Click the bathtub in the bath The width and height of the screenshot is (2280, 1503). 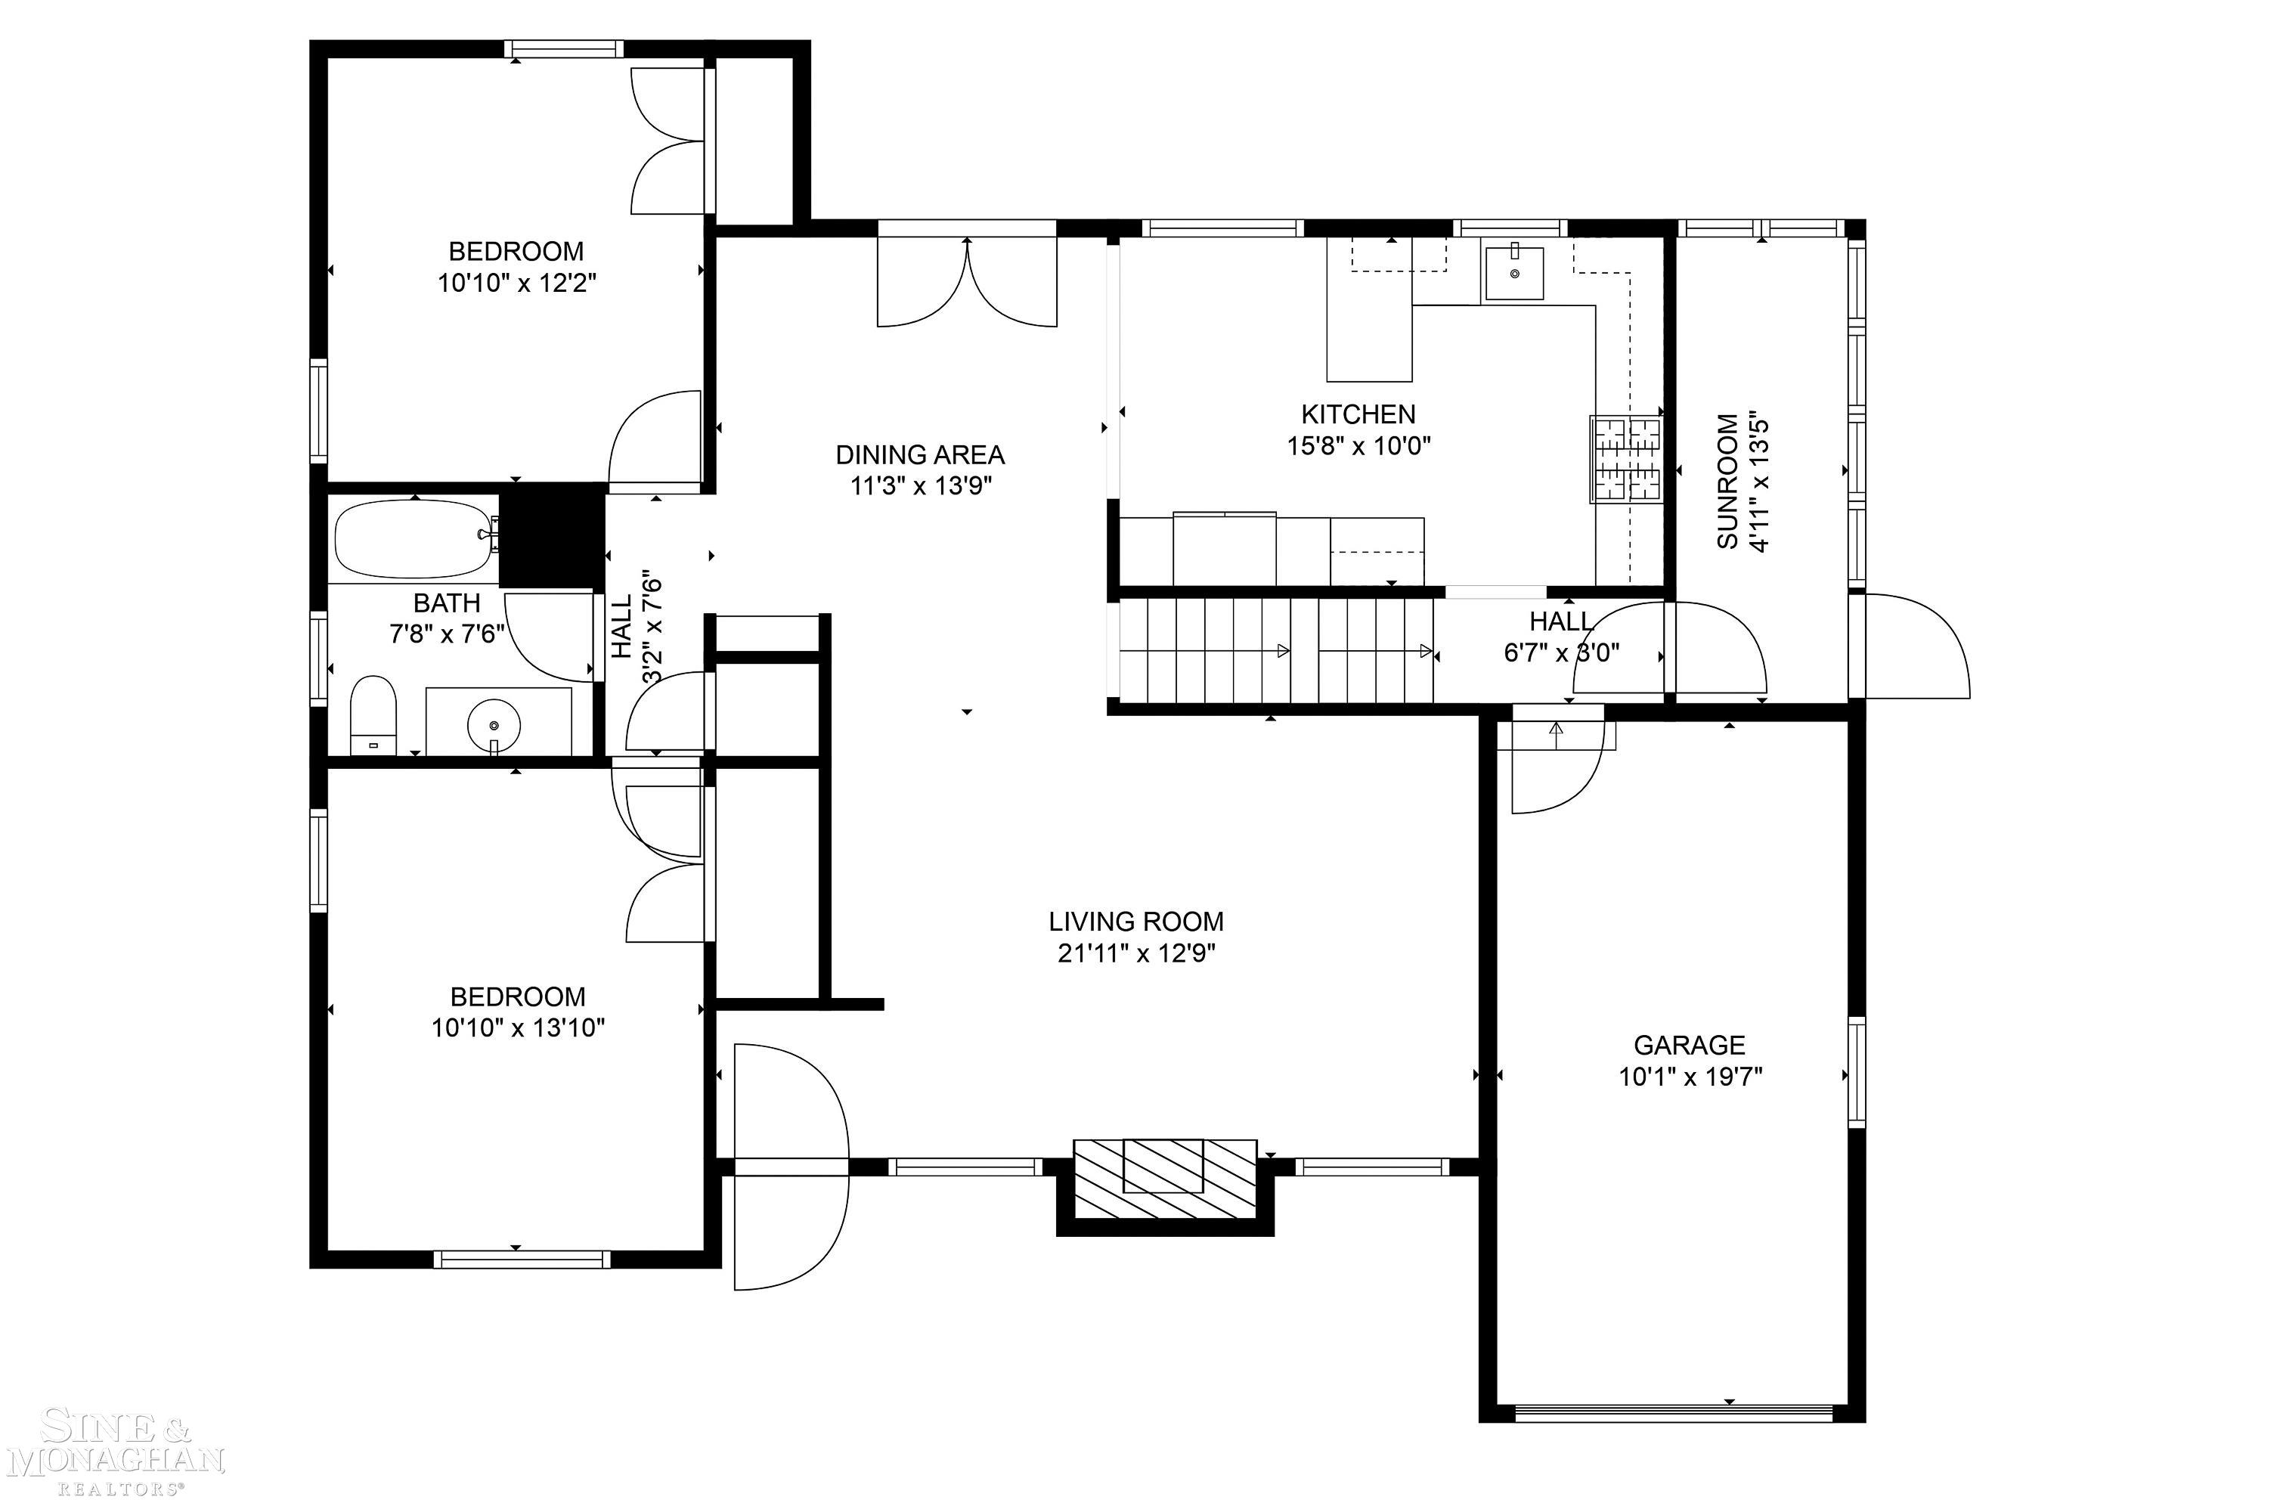pos(415,540)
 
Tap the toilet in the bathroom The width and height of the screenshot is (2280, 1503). pos(373,715)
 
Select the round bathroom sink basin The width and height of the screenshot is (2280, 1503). pos(494,718)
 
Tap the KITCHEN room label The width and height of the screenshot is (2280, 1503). pos(1358,414)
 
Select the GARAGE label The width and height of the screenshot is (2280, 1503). pos(1689,1044)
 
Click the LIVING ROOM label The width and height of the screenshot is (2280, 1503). pos(1135,921)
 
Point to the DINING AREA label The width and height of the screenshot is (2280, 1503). pos(920,454)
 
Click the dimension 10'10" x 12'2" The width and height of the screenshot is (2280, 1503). pos(518,284)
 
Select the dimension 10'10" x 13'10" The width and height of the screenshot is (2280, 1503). pos(518,1028)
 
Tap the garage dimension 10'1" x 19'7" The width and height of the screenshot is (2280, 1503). pos(1690,1077)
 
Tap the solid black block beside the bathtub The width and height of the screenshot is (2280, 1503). pos(552,537)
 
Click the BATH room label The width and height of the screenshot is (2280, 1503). pos(447,603)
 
